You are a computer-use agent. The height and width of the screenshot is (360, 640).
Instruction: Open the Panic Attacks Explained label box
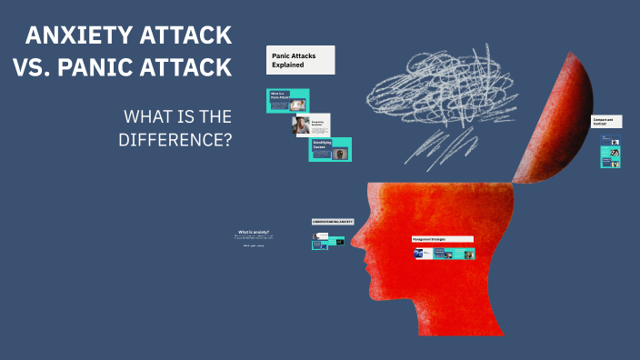[x=300, y=60]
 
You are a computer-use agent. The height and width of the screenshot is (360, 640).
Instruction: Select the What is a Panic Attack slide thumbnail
[x=287, y=100]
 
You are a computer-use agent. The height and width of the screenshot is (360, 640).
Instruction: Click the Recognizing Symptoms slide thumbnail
[x=310, y=125]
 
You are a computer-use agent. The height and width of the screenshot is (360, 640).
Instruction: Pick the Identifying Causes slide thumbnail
[x=329, y=149]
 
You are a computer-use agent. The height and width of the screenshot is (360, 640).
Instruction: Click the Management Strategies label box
[x=442, y=239]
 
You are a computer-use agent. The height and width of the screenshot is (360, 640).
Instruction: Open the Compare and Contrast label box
[x=606, y=121]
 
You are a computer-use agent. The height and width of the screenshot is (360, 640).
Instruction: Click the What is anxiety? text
[x=255, y=233]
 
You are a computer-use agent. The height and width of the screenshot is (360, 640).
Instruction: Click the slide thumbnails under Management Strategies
[x=443, y=254]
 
